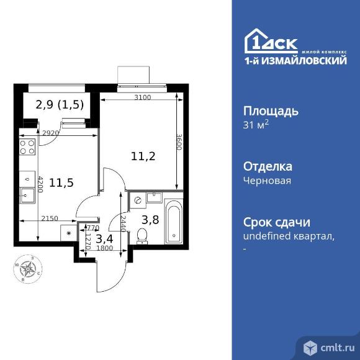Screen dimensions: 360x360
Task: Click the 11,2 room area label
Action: point(143,156)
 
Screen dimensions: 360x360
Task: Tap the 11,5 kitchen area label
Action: point(62,182)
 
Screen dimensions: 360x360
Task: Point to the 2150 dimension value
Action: point(50,217)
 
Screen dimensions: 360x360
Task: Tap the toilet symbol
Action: point(142,235)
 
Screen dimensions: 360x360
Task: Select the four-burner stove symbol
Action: point(27,146)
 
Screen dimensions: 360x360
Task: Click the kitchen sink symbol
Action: point(27,197)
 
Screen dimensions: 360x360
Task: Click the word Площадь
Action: point(270,112)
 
